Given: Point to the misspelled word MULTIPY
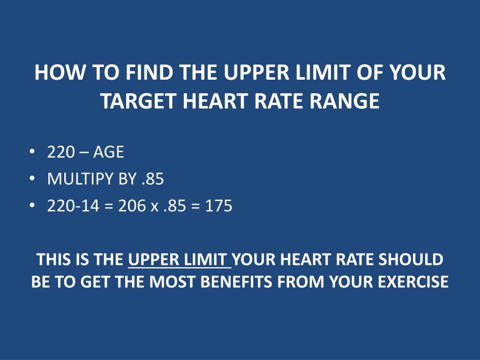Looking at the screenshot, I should click(78, 179).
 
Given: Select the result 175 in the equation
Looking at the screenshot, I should click(218, 206).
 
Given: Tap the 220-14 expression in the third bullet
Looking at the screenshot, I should click(73, 206).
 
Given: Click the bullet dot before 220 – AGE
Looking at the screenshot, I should click(31, 152).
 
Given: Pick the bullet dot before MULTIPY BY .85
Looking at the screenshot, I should click(31, 179).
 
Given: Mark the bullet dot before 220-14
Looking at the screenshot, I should click(31, 205).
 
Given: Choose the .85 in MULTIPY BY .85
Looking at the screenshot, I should click(153, 179).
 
